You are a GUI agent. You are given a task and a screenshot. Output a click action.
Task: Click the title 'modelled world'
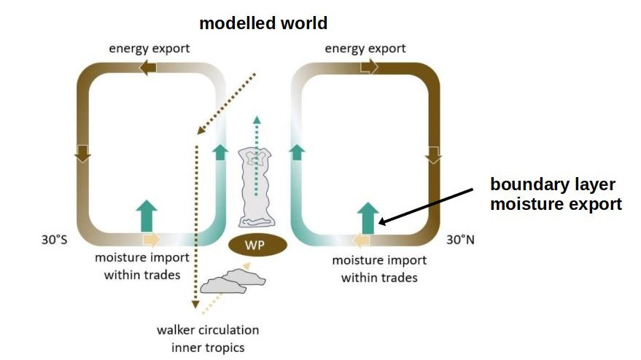pyautogui.click(x=263, y=23)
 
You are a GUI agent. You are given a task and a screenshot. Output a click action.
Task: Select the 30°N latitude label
pyautogui.click(x=460, y=239)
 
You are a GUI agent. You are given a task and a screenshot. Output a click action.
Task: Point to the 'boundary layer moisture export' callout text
pyautogui.click(x=556, y=194)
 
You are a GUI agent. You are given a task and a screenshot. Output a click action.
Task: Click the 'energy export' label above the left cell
pyautogui.click(x=149, y=49)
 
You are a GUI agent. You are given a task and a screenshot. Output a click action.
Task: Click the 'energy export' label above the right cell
pyautogui.click(x=365, y=49)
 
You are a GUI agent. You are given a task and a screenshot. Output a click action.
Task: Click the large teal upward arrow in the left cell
pyautogui.click(x=147, y=216)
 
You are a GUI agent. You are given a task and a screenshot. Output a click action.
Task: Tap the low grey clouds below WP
pyautogui.click(x=228, y=283)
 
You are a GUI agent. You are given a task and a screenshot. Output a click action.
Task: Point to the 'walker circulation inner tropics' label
pyautogui.click(x=208, y=337)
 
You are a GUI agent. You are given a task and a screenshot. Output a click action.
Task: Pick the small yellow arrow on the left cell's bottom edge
pyautogui.click(x=151, y=239)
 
